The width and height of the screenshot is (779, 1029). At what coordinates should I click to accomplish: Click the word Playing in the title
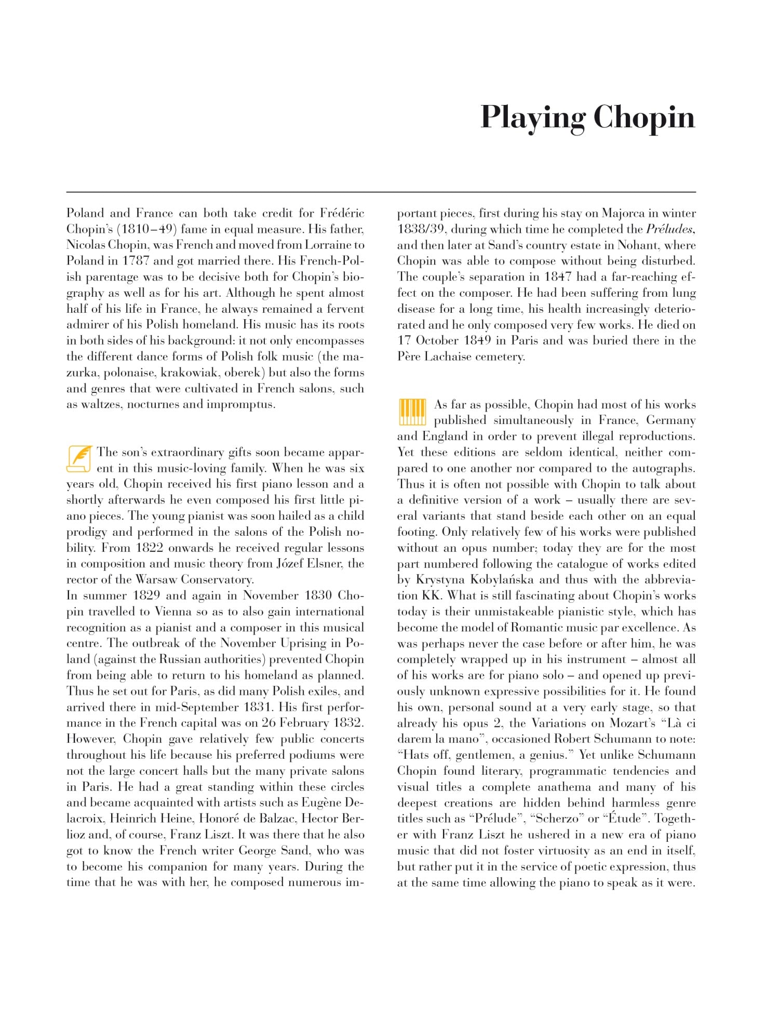click(532, 117)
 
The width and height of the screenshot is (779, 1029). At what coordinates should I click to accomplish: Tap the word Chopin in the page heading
click(643, 117)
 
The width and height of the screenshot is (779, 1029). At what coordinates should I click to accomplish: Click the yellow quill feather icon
click(79, 458)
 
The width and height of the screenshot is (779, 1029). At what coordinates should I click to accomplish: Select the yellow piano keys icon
click(412, 412)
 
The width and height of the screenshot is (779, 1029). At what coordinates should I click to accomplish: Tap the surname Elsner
click(324, 564)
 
